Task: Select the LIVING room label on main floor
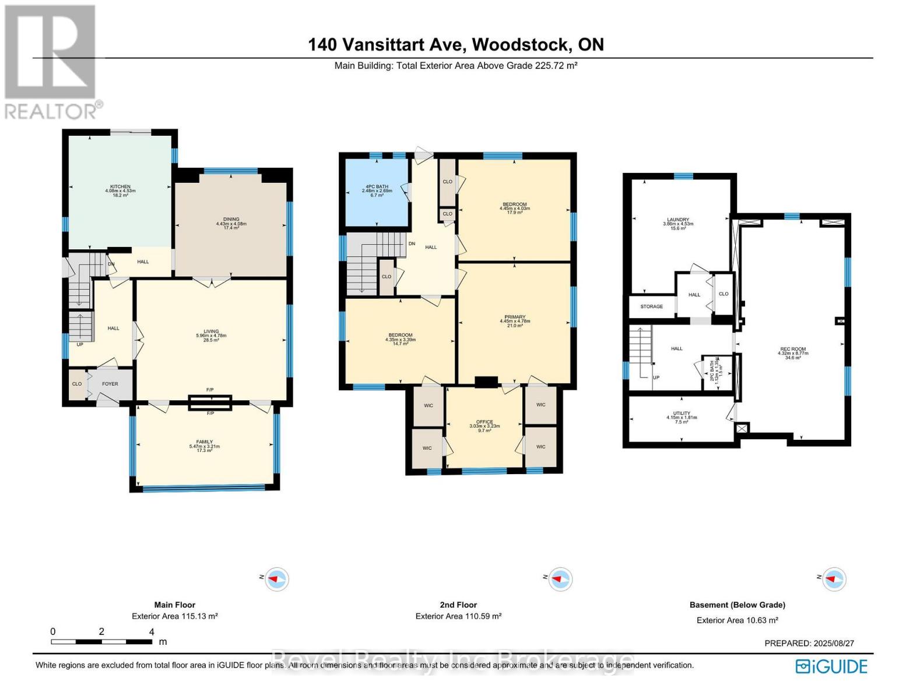(x=210, y=331)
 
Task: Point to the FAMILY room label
(x=204, y=442)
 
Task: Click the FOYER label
(x=110, y=384)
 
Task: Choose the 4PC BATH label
(x=377, y=187)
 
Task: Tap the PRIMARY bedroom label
(x=515, y=317)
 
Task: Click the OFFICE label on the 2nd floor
(x=484, y=422)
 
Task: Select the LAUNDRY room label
(x=678, y=220)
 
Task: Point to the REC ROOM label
(x=793, y=349)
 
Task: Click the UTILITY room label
(x=682, y=414)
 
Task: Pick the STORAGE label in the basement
(x=651, y=306)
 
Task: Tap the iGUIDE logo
(x=831, y=666)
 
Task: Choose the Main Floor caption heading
(x=174, y=605)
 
